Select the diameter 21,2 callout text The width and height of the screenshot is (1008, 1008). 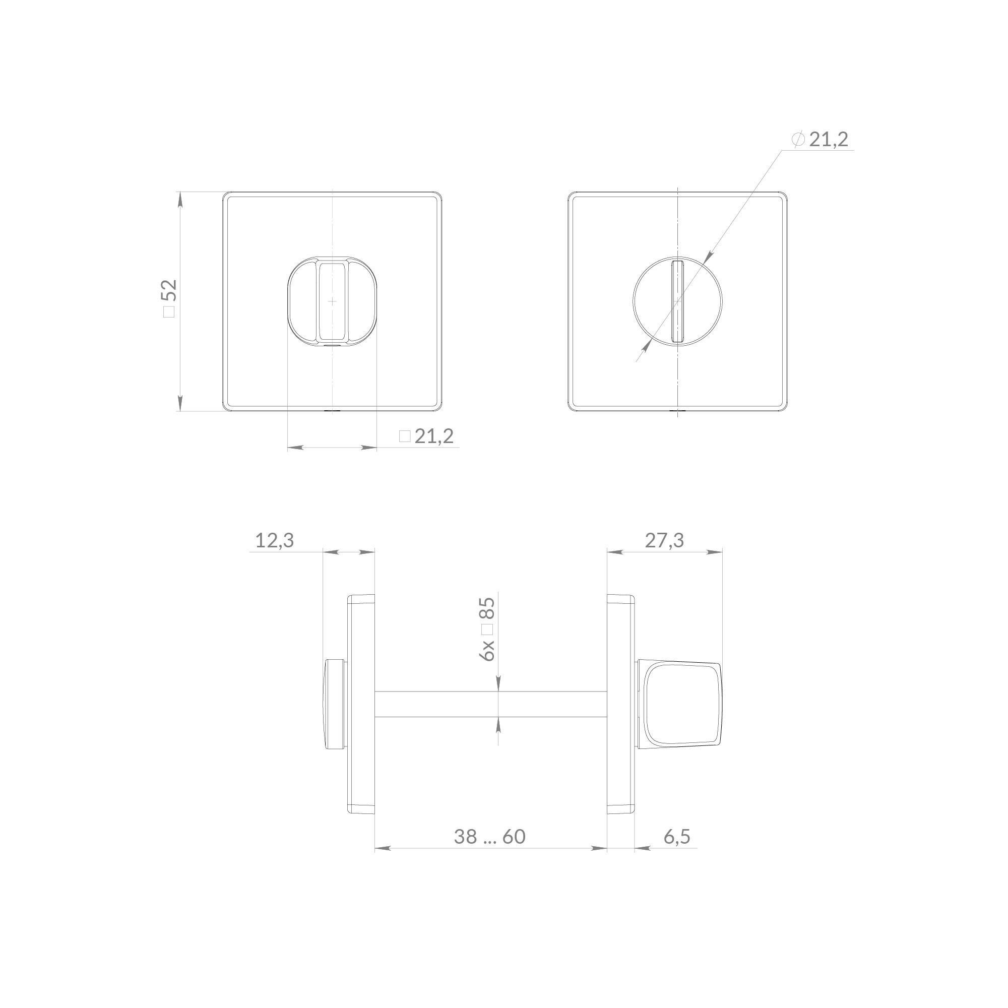click(821, 139)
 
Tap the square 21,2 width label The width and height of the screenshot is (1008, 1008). click(426, 436)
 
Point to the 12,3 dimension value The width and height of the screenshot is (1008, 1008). click(275, 540)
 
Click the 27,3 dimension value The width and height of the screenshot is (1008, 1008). click(664, 540)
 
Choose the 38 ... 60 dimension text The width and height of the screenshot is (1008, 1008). click(489, 836)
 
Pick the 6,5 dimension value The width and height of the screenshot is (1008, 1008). click(677, 836)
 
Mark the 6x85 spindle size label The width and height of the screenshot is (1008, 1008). click(488, 628)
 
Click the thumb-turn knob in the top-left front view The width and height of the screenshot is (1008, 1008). click(332, 301)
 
